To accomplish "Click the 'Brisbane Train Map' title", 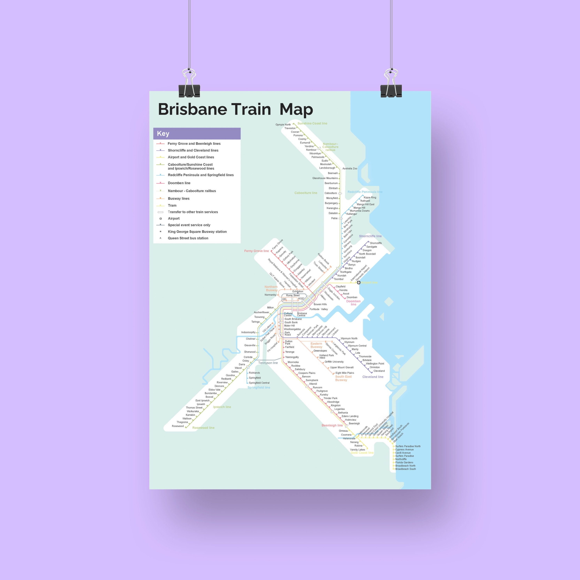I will tap(235, 109).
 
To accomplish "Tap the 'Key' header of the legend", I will tap(163, 134).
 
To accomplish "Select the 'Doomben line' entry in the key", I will tap(179, 183).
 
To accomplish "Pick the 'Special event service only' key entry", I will tap(189, 225).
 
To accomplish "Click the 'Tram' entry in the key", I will tap(172, 205).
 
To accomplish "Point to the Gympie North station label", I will tap(283, 125).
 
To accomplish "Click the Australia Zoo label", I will tap(350, 168).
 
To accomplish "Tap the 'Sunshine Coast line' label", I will tap(312, 123).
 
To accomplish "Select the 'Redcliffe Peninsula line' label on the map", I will tap(365, 192).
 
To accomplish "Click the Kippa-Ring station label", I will tap(370, 197).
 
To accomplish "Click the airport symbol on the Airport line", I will tap(359, 282).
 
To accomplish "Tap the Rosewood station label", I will tap(178, 426).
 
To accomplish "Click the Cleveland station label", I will tap(379, 371).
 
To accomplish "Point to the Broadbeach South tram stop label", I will tap(405, 469).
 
